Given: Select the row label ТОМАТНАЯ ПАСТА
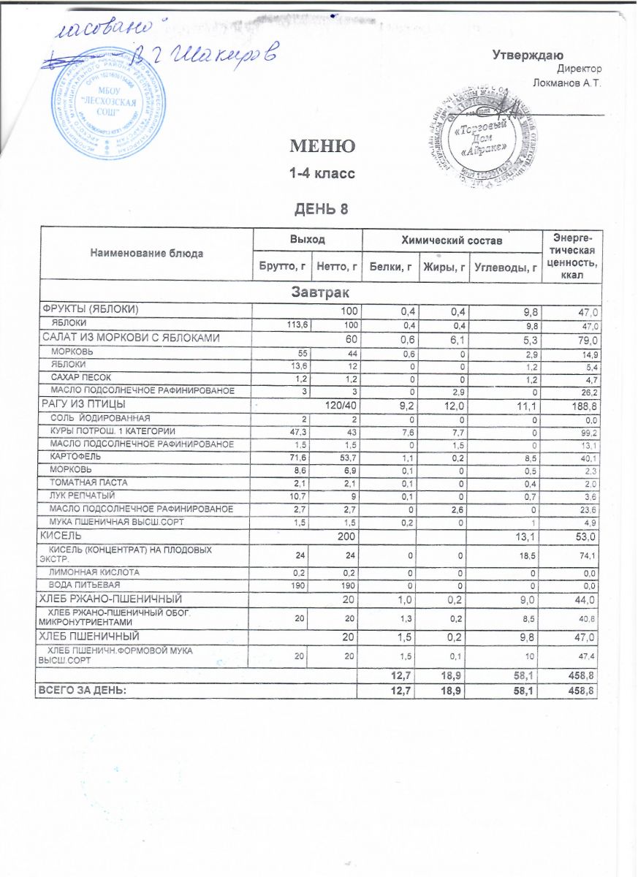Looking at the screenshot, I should (x=83, y=482).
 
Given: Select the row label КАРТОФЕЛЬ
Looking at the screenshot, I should (x=75, y=456).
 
